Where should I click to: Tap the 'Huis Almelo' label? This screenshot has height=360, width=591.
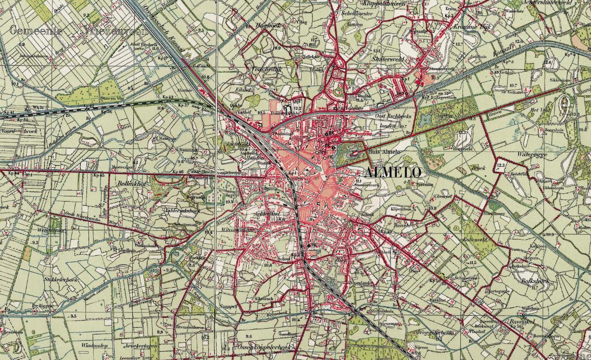tap(384, 152)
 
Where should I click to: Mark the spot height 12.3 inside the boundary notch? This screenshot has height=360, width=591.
tap(501, 165)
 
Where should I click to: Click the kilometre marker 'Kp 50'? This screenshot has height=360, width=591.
tap(435, 281)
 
